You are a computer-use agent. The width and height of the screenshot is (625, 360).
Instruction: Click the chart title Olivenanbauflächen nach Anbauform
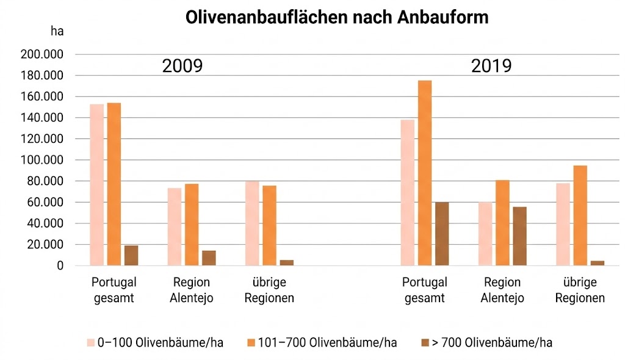pos(337,17)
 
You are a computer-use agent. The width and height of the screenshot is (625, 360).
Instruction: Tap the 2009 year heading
pos(182,67)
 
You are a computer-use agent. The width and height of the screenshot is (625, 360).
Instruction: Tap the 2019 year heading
pos(491,67)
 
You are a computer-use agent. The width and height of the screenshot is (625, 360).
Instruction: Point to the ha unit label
pos(57,31)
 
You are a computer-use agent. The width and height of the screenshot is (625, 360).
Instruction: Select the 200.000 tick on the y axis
pos(42,55)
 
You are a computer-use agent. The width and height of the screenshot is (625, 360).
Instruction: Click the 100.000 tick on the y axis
pos(42,160)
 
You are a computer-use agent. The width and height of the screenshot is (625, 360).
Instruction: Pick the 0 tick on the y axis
pos(60,266)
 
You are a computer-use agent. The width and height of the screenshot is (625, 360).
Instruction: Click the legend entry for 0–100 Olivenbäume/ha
pos(155,342)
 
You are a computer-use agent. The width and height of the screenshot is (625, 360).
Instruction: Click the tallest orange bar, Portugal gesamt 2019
pos(425,173)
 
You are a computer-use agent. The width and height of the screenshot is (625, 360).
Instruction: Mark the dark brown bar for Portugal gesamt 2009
pos(131,256)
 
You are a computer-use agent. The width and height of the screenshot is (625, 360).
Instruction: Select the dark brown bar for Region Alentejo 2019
pos(519,236)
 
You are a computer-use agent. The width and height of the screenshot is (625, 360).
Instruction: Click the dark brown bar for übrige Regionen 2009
pos(286,263)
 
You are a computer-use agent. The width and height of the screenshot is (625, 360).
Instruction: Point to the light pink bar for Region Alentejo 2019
pos(485,234)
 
